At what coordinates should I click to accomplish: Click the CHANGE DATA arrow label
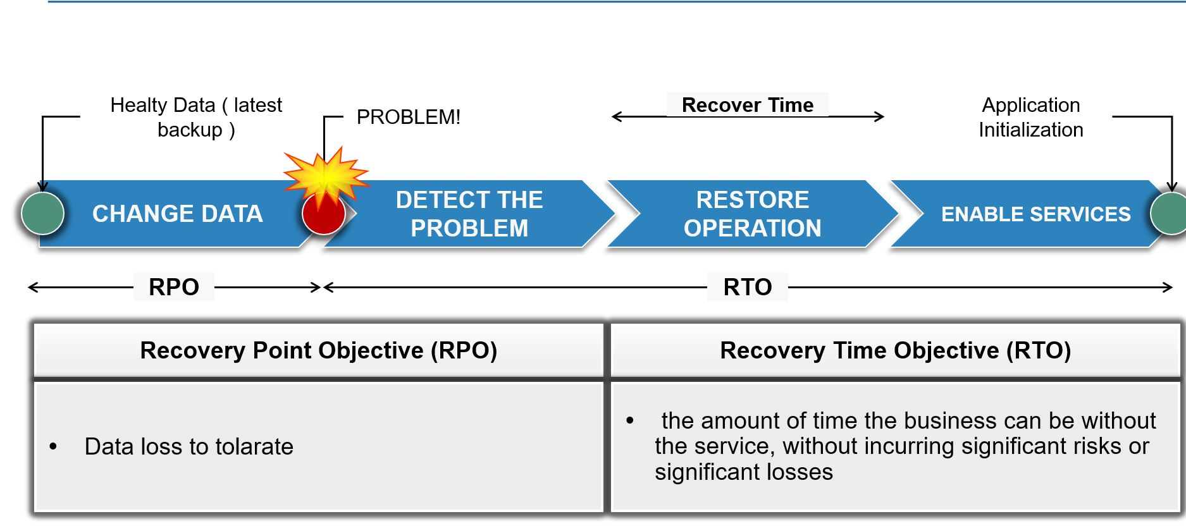177,214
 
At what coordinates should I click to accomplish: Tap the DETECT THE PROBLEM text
469,214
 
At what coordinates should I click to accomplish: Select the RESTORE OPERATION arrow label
753,214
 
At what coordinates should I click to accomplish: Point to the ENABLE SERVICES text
1035,214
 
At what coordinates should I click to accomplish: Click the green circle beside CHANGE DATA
42,214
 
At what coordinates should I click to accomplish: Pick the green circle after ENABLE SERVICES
1169,214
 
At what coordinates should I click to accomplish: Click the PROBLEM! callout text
409,117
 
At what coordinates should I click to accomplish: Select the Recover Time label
748,105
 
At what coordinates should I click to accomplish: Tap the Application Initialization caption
1031,117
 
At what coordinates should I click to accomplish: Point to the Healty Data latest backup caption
196,117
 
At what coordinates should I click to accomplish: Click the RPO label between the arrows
174,287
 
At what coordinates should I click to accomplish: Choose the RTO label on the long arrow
748,287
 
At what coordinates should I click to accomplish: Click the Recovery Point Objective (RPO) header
319,350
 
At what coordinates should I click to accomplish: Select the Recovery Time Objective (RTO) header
896,350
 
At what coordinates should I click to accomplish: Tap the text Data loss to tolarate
189,446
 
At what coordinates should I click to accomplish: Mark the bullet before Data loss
53,447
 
